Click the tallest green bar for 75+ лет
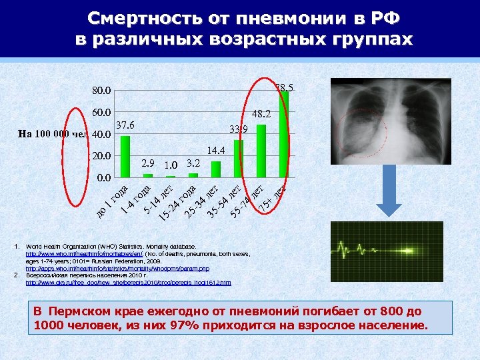click(283, 133)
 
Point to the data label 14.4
click(217, 151)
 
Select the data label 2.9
click(148, 163)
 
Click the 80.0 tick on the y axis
click(103, 91)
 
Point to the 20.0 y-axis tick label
click(103, 156)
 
